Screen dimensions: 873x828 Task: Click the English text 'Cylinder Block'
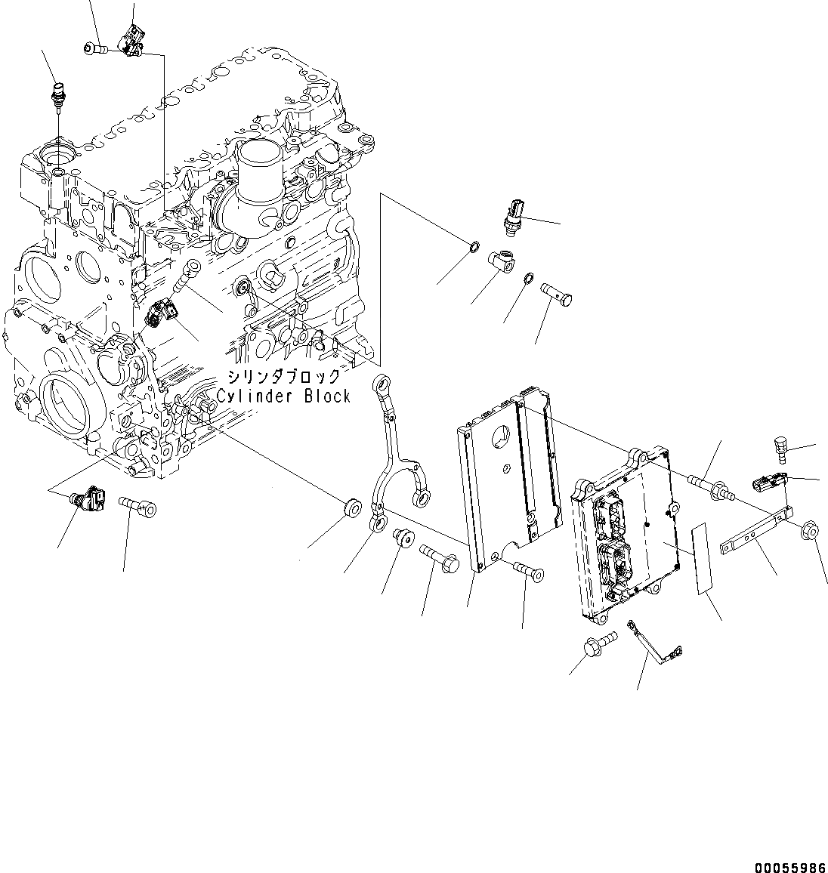click(x=283, y=396)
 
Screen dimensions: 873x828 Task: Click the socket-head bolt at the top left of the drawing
click(x=94, y=49)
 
